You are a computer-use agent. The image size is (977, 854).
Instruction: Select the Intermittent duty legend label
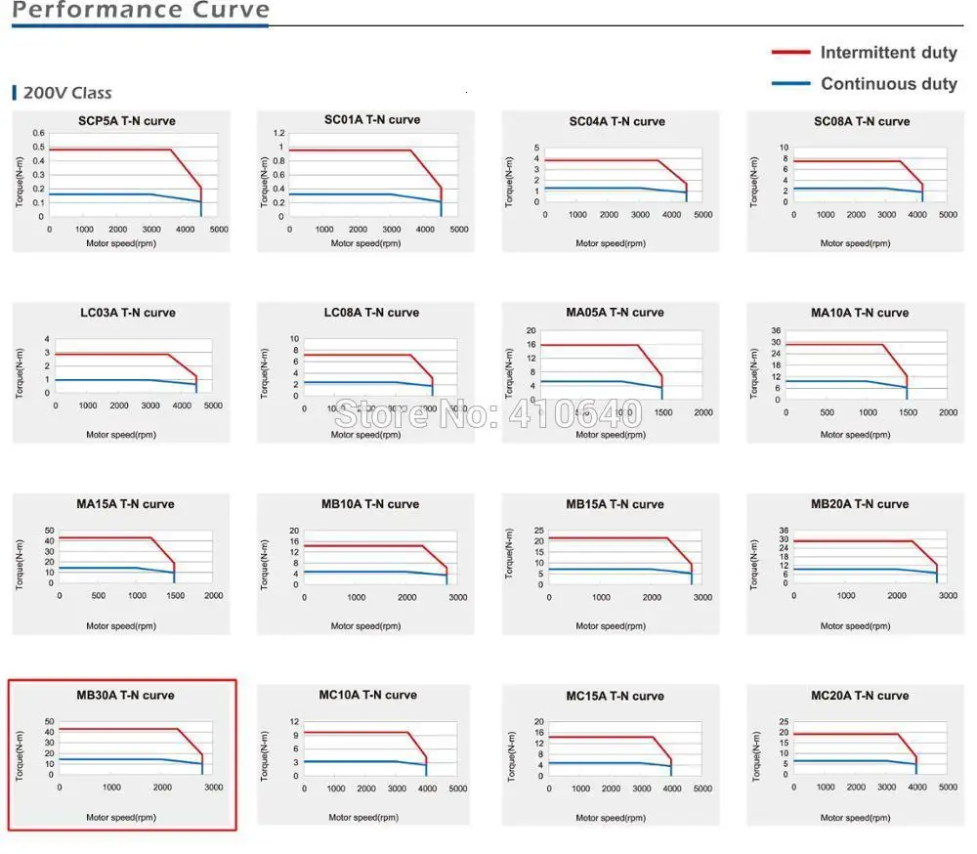pos(888,53)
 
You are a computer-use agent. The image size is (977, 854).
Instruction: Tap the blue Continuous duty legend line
pos(790,84)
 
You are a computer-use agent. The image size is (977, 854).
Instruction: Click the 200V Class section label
pos(66,93)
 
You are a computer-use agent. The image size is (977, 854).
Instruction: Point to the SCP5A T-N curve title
pos(127,121)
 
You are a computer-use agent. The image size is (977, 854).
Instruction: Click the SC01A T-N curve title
pos(372,120)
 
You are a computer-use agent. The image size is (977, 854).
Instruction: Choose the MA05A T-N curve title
pos(615,313)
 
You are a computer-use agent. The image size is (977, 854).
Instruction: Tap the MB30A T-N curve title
pos(125,696)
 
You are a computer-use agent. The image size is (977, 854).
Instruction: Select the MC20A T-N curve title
pos(860,696)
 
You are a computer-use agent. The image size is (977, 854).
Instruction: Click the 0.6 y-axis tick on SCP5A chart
pos(38,133)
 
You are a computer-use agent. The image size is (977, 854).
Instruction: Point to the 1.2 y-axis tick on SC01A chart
pos(279,133)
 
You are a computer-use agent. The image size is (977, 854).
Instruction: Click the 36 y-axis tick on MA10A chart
pos(776,330)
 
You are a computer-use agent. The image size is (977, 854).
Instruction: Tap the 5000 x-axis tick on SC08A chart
pos(948,215)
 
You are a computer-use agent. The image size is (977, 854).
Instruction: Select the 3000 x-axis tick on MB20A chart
pos(948,596)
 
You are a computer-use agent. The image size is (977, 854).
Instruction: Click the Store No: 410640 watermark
pos(488,414)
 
